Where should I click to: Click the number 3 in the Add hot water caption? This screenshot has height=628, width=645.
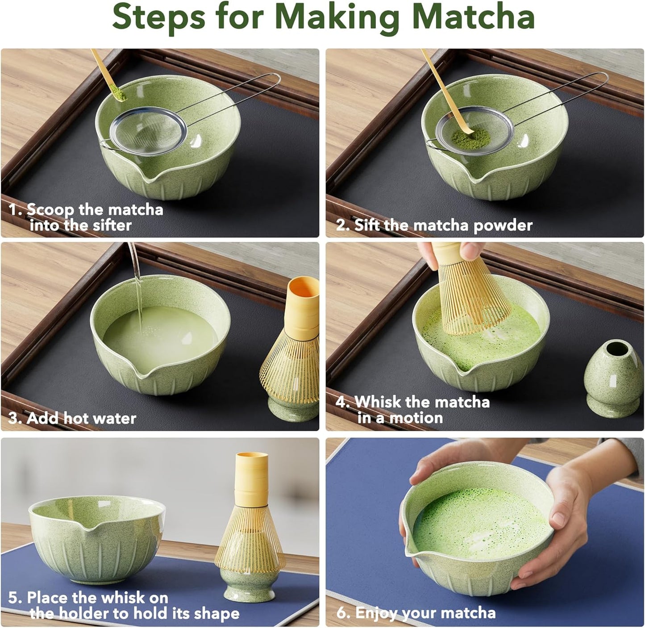point(13,419)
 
